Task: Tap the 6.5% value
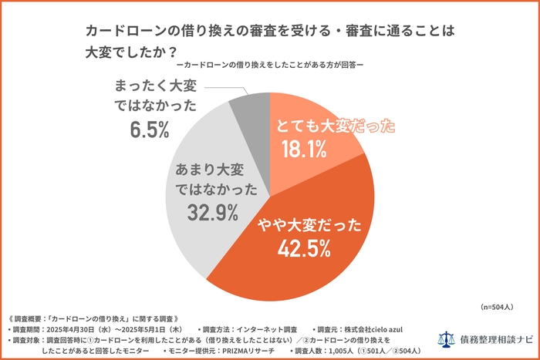148,130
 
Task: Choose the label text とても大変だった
329,124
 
